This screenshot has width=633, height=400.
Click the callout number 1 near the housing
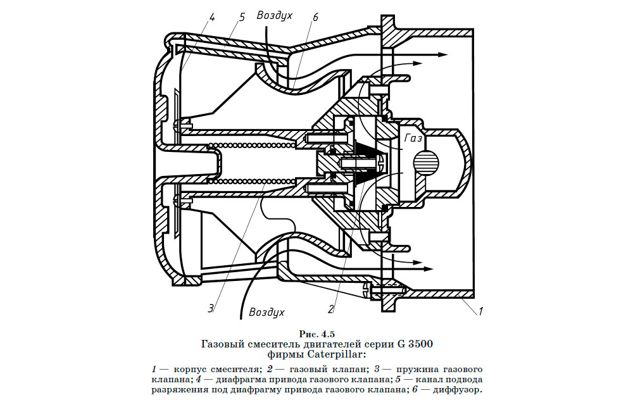point(480,311)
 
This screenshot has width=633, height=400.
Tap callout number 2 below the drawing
point(330,309)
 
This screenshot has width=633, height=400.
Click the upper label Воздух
point(274,15)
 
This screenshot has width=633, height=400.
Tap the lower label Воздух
point(266,312)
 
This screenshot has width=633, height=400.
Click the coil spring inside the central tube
point(253,147)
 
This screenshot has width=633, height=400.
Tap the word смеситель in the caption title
point(265,344)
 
